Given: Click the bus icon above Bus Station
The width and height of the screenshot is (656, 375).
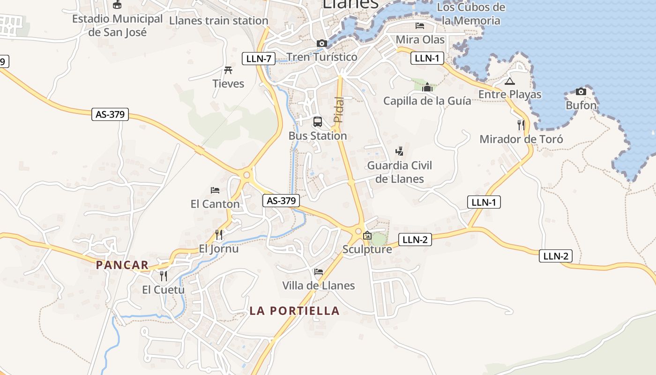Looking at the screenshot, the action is (x=318, y=122).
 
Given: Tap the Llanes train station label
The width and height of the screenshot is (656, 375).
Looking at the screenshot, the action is (x=218, y=21).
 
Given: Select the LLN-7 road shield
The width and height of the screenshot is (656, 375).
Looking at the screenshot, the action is (x=258, y=59).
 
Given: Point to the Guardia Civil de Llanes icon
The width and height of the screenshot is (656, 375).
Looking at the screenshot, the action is (x=399, y=151).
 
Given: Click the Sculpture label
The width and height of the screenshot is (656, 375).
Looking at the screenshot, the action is (x=367, y=249).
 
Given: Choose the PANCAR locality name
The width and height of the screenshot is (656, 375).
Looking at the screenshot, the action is (x=122, y=265).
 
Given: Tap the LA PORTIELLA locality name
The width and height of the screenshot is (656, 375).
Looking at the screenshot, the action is (x=294, y=311).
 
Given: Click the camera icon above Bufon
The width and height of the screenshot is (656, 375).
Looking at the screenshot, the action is (x=581, y=91).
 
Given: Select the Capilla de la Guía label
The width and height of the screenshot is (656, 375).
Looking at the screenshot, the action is (x=427, y=101).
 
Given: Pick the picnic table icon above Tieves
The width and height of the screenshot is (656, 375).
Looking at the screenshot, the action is (x=228, y=70).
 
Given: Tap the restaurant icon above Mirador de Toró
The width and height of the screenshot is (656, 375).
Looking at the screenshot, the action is (x=521, y=125).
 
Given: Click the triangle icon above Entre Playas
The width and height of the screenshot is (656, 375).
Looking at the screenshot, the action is (x=510, y=82).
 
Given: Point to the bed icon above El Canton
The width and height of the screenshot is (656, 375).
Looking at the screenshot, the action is (x=215, y=190).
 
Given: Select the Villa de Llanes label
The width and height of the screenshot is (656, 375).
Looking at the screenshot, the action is (x=318, y=285).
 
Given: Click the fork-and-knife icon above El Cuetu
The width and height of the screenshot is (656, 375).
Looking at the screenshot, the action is (x=163, y=275).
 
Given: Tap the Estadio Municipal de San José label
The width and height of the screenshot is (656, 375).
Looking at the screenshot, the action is (x=117, y=26).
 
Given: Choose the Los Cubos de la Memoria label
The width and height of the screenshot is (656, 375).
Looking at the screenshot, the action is (x=471, y=14).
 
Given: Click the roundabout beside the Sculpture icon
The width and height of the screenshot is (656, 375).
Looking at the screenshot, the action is (x=358, y=231).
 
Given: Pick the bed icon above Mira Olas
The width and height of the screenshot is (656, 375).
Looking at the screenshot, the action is (x=420, y=25).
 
